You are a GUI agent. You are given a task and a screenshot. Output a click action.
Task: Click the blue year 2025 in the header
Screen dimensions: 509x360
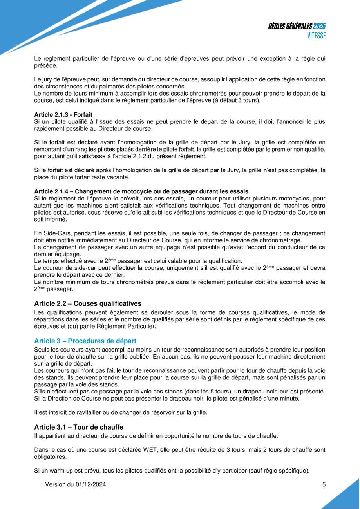click(x=319, y=26)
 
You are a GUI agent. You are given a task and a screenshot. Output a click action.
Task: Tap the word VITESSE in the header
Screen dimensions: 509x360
click(x=316, y=35)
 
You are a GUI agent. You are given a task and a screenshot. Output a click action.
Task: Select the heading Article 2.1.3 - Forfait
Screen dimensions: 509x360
click(x=63, y=115)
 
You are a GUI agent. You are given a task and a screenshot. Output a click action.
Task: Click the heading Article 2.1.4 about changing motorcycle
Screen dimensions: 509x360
click(x=141, y=191)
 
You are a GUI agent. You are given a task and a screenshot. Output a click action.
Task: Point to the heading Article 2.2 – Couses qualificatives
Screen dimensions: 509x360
click(x=88, y=303)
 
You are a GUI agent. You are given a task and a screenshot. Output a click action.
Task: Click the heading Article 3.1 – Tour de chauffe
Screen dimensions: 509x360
click(x=79, y=427)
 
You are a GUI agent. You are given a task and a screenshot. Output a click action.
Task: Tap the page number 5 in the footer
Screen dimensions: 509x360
click(x=324, y=484)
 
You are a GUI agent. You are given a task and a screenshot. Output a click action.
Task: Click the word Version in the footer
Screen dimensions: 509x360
click(x=54, y=484)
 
